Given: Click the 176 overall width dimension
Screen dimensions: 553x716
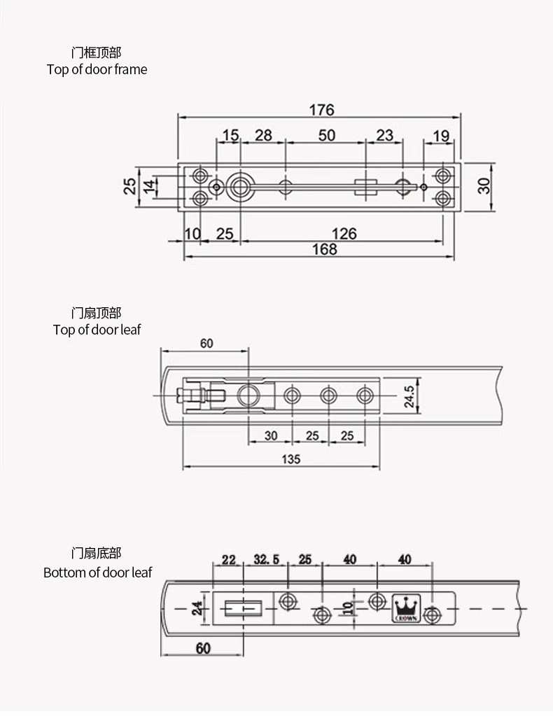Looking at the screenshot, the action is coord(321,110).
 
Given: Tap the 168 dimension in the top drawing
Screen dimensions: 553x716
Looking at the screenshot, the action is coord(324,250).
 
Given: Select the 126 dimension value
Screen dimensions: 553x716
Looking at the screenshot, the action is coord(343,233).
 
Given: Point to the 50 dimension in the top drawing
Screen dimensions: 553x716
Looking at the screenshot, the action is coord(327,135).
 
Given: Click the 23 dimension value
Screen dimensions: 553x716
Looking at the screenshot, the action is coord(384,135).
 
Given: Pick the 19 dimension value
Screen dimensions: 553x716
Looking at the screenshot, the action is coord(440,136).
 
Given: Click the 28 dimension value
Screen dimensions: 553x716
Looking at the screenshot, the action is coord(263,135).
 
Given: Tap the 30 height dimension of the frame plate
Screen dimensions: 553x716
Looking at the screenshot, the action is coord(484,185).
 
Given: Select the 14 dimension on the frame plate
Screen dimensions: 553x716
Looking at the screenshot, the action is coord(149,186).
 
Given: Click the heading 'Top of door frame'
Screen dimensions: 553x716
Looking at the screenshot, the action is coord(97,69).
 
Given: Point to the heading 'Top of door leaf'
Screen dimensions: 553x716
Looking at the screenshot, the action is coord(97,329).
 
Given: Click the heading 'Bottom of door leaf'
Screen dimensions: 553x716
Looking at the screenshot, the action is coord(97,573).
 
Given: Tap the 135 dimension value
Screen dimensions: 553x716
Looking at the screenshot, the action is coord(290,459).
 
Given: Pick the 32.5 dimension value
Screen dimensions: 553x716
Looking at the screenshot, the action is coord(266,559).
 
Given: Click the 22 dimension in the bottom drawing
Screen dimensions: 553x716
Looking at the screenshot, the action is coord(228,559).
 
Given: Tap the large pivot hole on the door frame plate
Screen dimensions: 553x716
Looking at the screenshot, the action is coord(241,186).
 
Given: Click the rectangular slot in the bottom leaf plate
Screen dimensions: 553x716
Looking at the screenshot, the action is coord(244,609).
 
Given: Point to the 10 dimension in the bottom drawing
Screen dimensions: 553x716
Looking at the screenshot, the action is coord(348,607).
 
